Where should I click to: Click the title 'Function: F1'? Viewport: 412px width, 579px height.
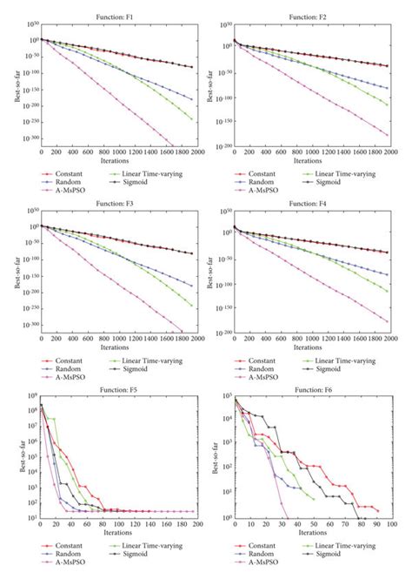[119, 8]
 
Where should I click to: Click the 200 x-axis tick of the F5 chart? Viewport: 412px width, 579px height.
[197, 526]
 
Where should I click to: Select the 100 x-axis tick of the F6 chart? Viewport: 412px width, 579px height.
[390, 526]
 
